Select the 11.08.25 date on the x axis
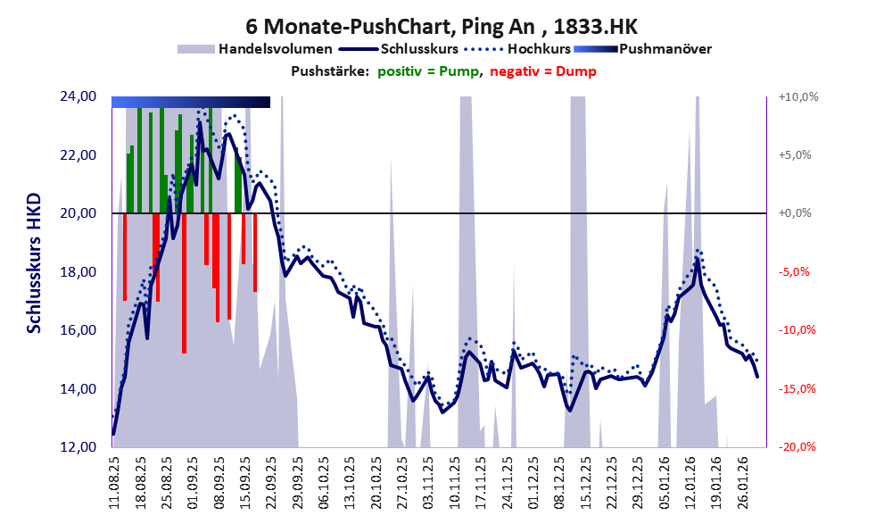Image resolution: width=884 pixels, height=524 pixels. coord(114,482)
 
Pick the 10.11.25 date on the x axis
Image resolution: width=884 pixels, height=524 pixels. coord(457,482)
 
